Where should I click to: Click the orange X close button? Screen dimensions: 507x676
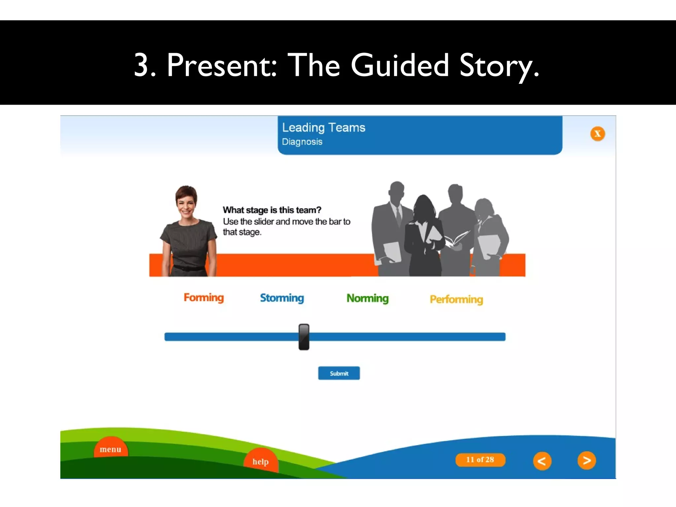(597, 134)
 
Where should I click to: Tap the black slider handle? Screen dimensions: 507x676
(304, 337)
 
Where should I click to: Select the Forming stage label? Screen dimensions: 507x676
(204, 298)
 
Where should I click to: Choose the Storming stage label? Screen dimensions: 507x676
(282, 298)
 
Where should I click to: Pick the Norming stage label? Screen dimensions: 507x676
(367, 298)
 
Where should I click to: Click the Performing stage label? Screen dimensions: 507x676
(456, 299)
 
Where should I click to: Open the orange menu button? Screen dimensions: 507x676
(111, 449)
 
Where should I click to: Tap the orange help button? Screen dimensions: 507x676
(261, 461)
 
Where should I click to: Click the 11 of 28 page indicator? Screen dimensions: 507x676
(480, 460)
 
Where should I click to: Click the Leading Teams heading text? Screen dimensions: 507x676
(323, 128)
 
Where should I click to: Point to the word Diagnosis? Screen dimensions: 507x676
(302, 142)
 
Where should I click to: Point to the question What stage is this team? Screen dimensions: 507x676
(272, 210)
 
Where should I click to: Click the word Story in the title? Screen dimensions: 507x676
(498, 65)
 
